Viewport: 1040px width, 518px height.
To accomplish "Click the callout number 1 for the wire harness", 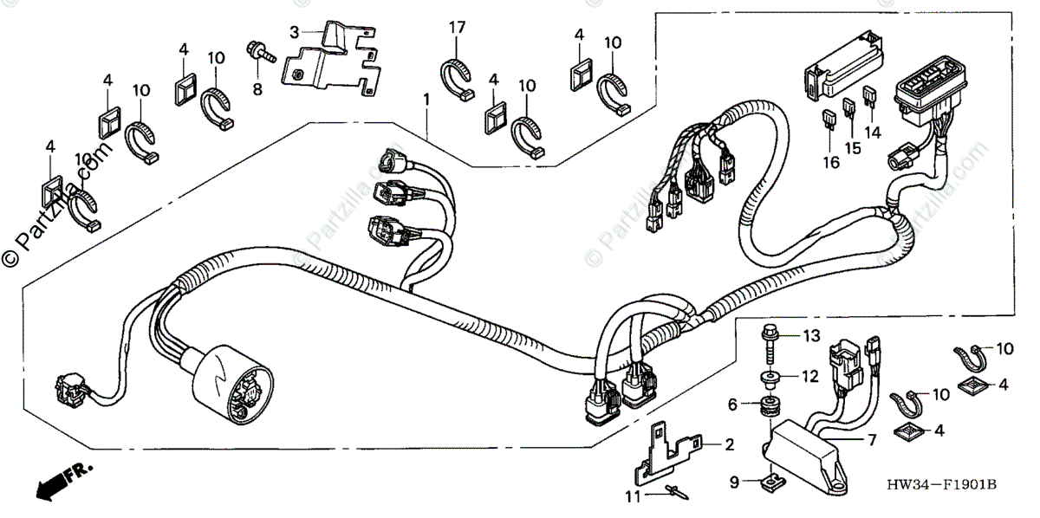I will point(426,100).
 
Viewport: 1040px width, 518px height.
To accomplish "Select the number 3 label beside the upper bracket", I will point(295,32).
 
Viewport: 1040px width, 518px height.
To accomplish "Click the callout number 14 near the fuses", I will point(871,133).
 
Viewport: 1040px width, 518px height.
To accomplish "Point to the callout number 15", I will point(853,148).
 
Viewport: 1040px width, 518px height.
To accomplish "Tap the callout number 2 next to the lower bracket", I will point(729,445).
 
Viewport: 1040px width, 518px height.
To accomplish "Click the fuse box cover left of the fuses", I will point(841,77).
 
